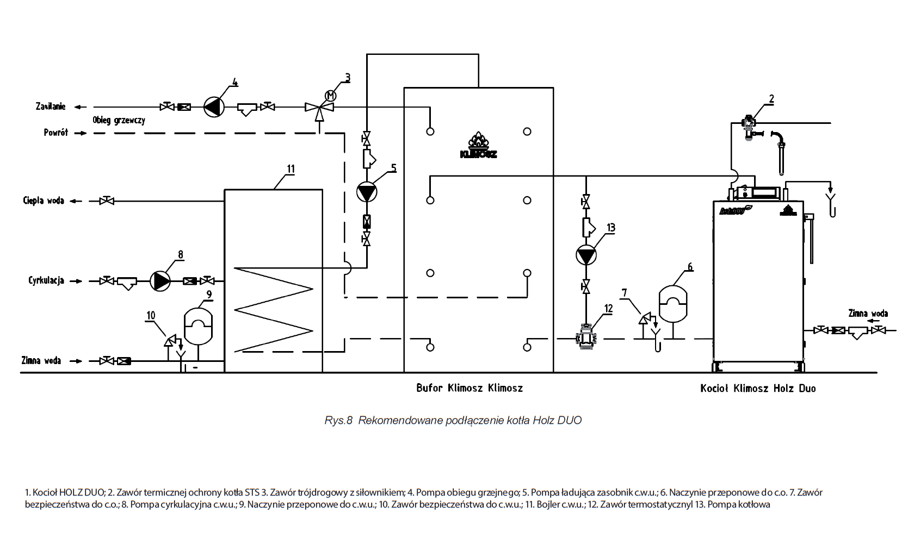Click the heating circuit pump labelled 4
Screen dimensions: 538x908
[214, 107]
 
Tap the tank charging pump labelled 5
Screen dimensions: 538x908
[367, 192]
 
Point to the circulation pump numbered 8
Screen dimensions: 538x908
[160, 281]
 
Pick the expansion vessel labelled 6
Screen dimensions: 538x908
[673, 303]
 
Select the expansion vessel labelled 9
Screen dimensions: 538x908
[198, 326]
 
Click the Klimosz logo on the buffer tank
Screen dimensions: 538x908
[478, 146]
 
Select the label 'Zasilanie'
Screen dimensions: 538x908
[51, 107]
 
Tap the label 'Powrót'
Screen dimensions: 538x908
[56, 133]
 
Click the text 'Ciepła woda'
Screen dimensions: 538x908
[44, 201]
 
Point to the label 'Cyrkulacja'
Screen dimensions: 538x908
[46, 280]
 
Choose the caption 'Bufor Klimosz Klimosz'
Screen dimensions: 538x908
[470, 388]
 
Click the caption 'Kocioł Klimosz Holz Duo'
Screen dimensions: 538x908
[758, 389]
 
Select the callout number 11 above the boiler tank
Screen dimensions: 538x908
[291, 169]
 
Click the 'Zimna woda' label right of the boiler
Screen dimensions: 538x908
[868, 314]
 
